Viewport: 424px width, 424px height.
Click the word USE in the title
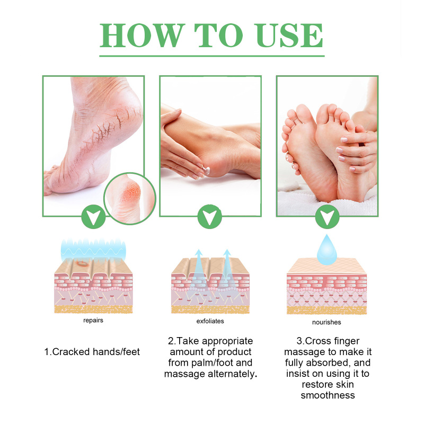289,36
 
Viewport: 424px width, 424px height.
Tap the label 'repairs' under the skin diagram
93,321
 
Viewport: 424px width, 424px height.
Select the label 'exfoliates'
210,321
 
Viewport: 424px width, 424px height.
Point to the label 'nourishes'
326,322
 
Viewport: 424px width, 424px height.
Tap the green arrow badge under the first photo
93,217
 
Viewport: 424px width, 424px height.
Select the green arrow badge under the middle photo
210,217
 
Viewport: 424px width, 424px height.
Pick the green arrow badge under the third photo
327,217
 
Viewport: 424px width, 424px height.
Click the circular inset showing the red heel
130,198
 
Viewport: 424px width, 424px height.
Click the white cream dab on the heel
207,171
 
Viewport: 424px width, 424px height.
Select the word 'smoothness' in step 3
328,395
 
